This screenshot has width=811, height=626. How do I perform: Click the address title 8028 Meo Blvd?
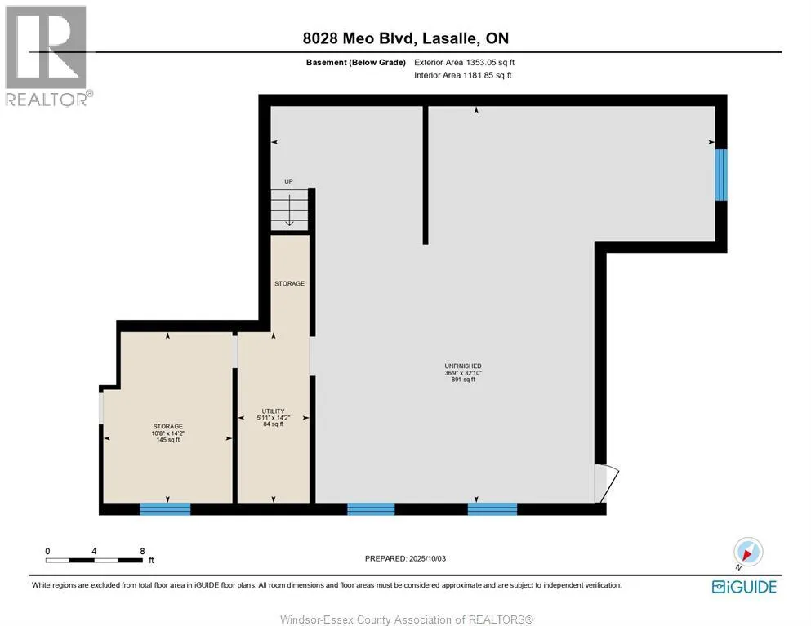[359, 38]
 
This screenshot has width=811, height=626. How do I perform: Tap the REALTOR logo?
[47, 55]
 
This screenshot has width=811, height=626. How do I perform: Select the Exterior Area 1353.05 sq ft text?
[464, 63]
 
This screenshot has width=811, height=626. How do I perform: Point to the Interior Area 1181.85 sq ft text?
[462, 75]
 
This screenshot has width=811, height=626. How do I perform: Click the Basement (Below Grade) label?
[356, 63]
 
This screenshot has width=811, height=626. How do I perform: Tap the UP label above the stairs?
[288, 181]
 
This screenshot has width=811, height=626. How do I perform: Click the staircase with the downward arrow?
[290, 210]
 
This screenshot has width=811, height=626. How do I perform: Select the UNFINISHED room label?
[463, 366]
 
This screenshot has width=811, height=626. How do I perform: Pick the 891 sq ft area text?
[463, 380]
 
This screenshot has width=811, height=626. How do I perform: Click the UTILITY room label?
[273, 411]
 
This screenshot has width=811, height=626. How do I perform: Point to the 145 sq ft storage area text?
[168, 440]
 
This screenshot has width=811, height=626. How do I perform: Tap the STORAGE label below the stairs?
[290, 283]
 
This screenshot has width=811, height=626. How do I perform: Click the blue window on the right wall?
[721, 175]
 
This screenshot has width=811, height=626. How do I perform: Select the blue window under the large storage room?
[166, 508]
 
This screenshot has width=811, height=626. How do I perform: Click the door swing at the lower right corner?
[606, 484]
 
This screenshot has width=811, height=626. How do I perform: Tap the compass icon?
[748, 552]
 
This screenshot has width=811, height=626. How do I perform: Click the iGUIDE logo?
[744, 587]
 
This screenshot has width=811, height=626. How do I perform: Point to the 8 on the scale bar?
[142, 551]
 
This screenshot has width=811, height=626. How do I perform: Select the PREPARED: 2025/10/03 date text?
[405, 558]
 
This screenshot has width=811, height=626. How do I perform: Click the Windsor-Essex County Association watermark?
[407, 619]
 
